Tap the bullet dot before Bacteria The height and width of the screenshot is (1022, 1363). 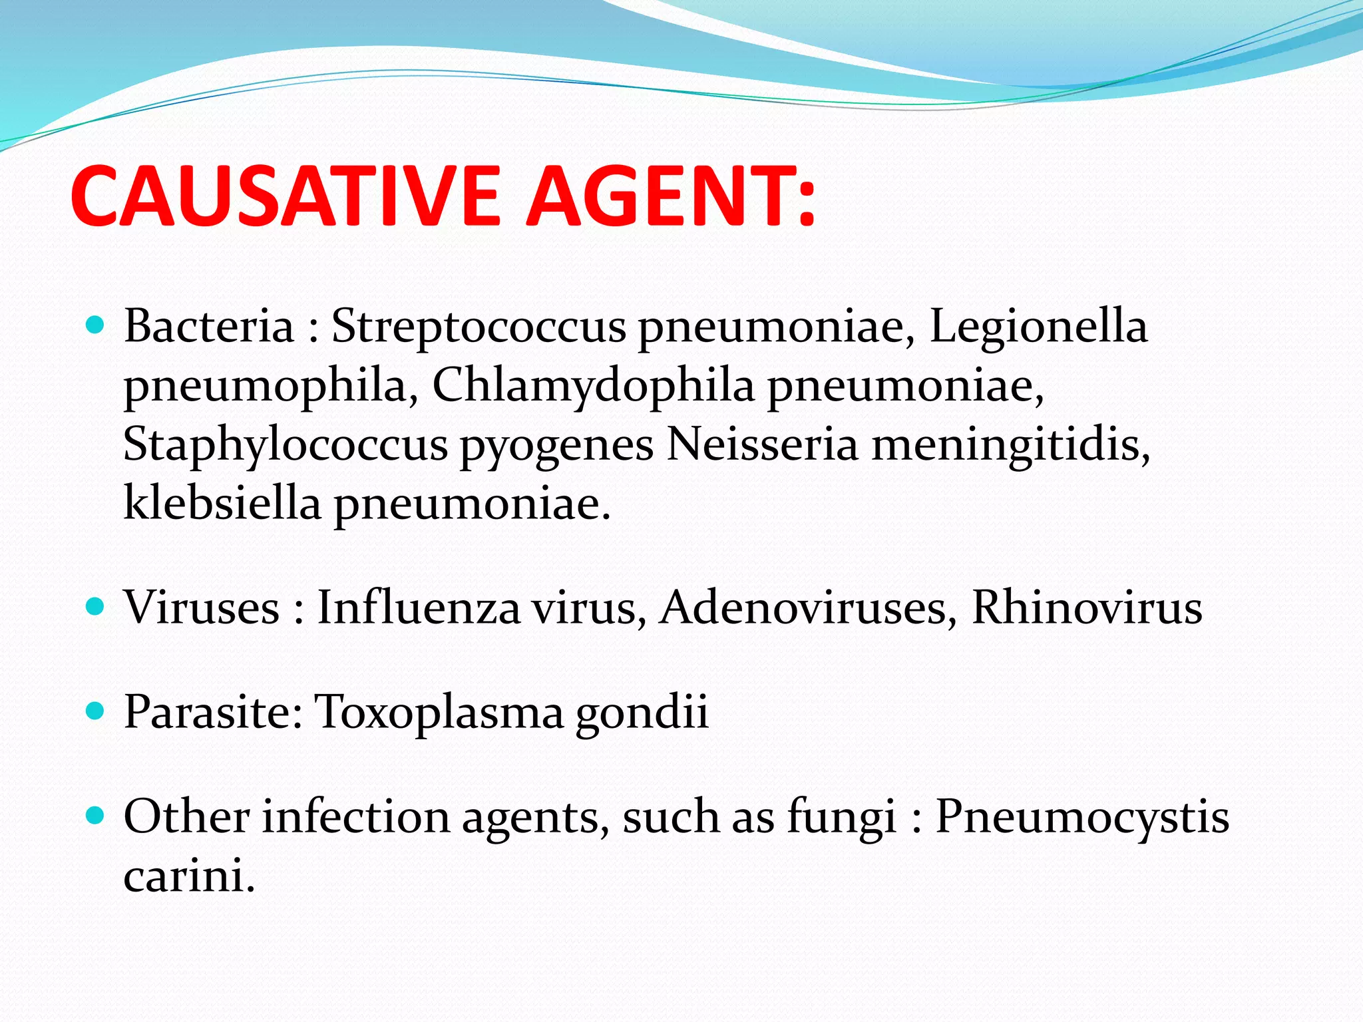(96, 325)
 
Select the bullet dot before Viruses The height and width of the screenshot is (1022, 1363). (96, 606)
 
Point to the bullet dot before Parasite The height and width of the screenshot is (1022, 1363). (96, 711)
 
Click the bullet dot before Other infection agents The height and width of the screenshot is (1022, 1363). (96, 815)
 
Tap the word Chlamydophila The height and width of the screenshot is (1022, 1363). (593, 386)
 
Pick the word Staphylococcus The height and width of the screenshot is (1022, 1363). (286, 444)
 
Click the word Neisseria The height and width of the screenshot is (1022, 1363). (762, 444)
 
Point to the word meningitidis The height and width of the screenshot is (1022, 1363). (1010, 444)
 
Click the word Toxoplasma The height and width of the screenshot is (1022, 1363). (439, 712)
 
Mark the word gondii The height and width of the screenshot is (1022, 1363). (642, 712)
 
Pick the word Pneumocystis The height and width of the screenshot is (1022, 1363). (1082, 816)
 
